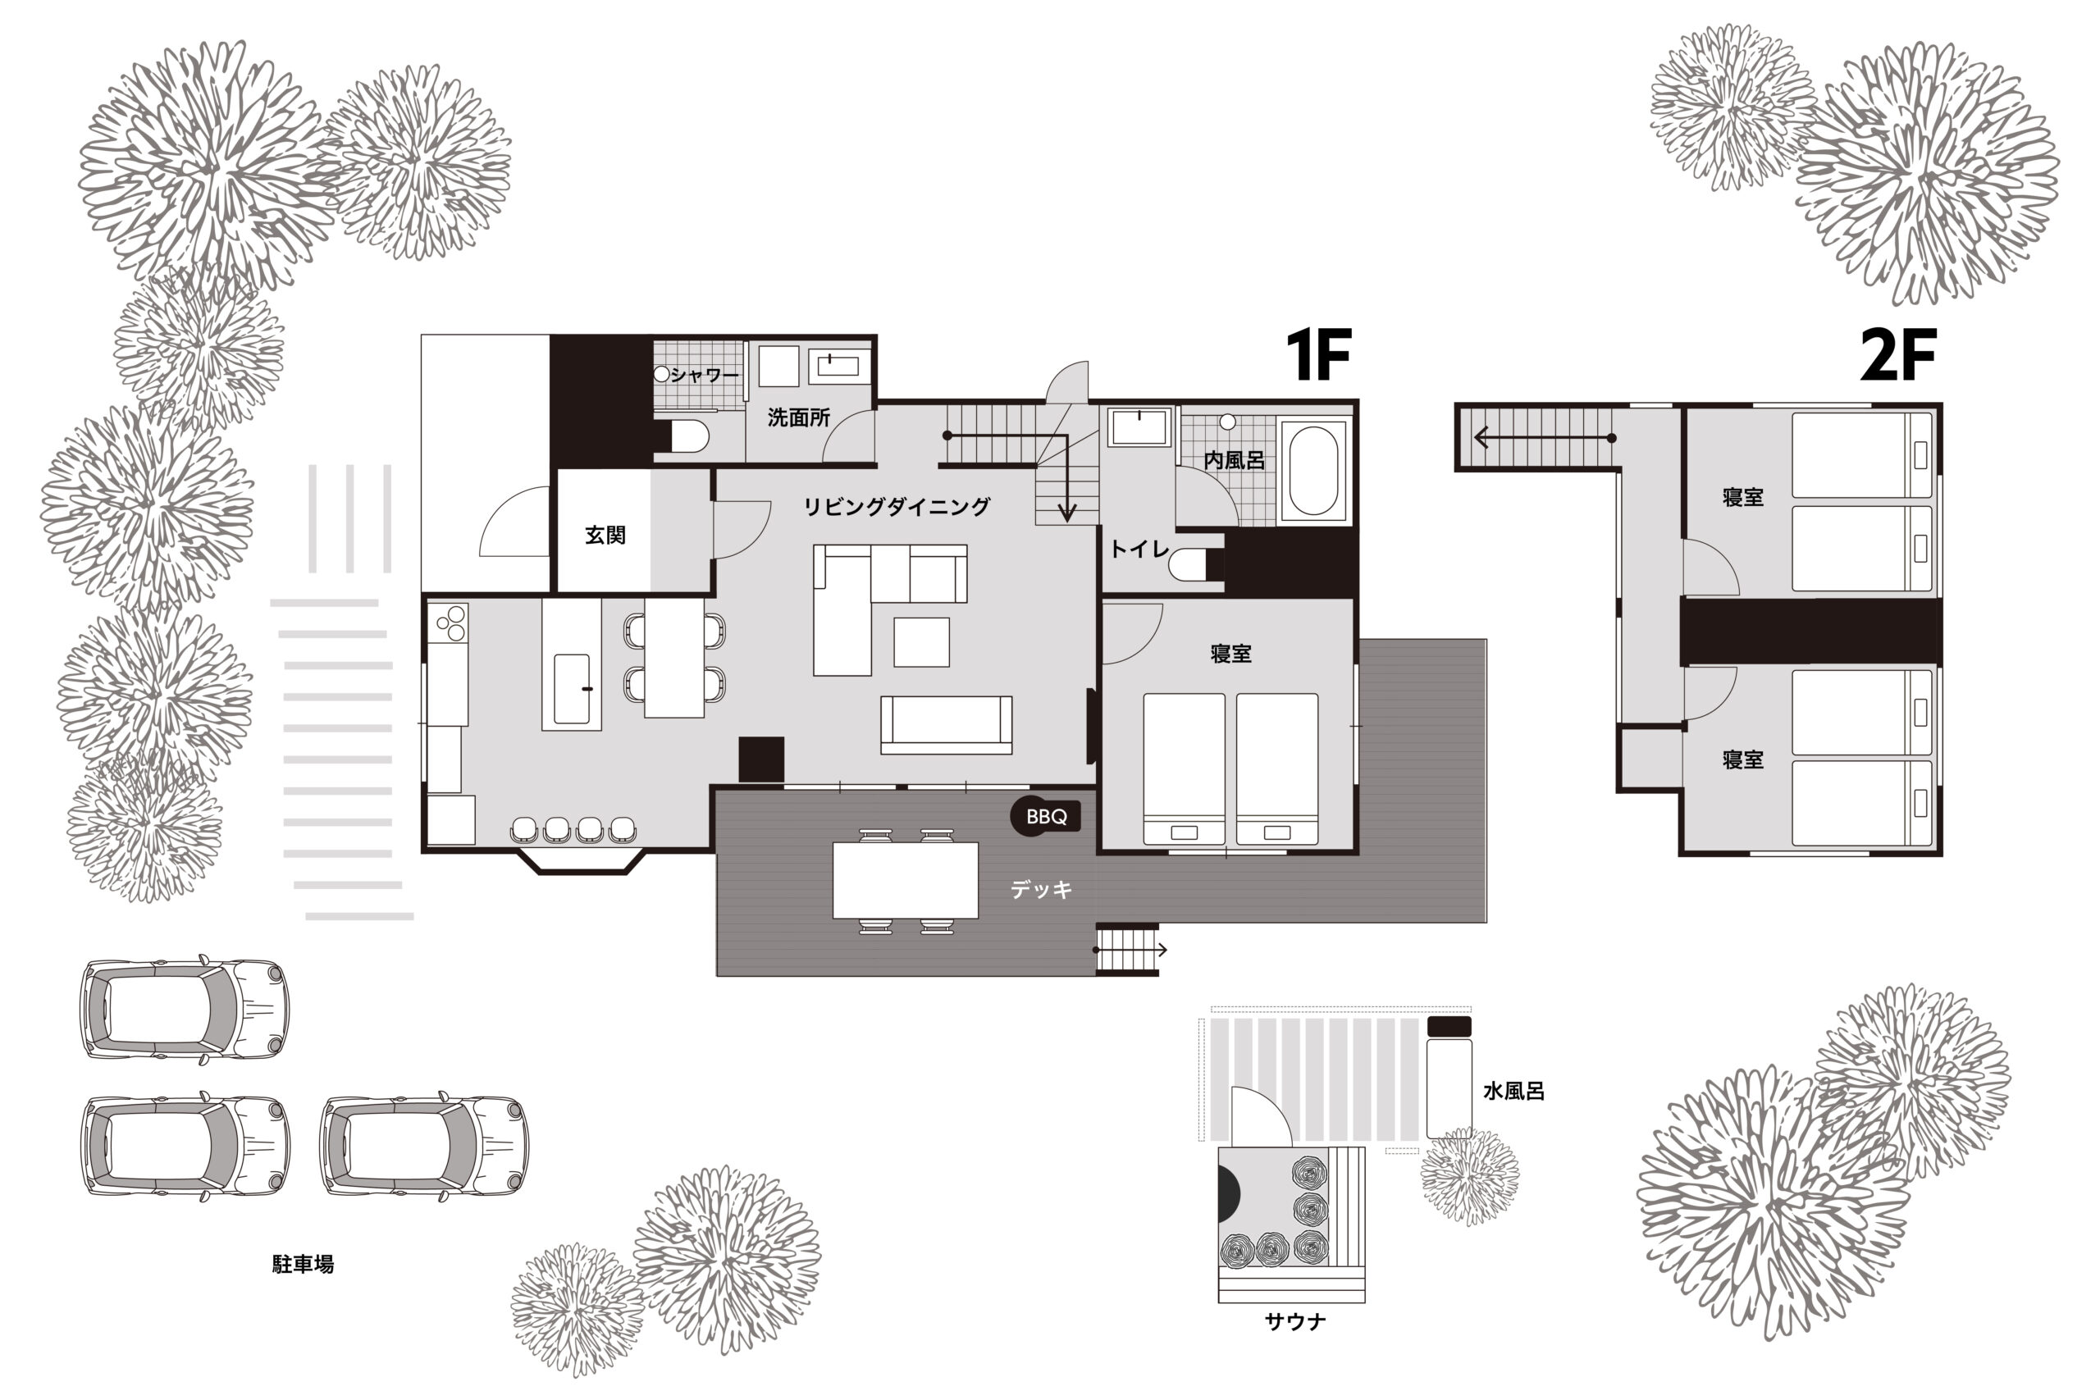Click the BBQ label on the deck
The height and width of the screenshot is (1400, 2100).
1047,816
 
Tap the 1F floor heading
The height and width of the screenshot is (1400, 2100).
1318,354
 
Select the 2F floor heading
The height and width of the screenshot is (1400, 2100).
1898,354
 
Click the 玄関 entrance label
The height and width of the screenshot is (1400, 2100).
605,535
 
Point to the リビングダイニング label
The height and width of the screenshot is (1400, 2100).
897,506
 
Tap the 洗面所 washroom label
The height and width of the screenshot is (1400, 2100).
798,417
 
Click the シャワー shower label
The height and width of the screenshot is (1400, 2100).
705,375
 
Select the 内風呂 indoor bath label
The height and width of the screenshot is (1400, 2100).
1234,460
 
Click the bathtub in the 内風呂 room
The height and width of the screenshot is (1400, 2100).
1312,470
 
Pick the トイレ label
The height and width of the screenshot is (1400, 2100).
1139,550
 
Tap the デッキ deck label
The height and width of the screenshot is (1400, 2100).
1041,888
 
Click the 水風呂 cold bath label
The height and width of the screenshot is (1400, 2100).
1513,1090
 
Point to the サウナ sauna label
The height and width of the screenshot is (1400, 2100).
1295,1321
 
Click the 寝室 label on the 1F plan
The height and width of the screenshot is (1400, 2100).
1230,654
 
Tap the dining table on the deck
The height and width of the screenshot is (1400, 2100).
906,879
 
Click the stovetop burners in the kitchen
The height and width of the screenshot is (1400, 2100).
449,623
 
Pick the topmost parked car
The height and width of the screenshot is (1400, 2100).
185,1009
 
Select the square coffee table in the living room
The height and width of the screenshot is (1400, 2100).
921,642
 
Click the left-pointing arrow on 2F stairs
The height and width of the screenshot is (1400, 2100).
1545,437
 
